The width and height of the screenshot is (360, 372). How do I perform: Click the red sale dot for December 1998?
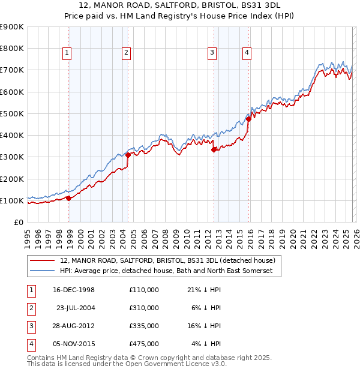(x=69, y=198)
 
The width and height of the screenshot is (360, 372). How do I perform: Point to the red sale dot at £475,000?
(x=248, y=119)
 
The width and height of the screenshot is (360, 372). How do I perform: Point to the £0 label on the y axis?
(x=18, y=222)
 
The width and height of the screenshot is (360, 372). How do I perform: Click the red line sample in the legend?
(x=42, y=261)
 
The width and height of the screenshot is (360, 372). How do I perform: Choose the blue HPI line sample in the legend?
(x=42, y=271)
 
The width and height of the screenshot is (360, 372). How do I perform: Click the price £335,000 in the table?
(x=143, y=326)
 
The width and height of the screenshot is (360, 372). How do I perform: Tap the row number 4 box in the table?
(x=31, y=344)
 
